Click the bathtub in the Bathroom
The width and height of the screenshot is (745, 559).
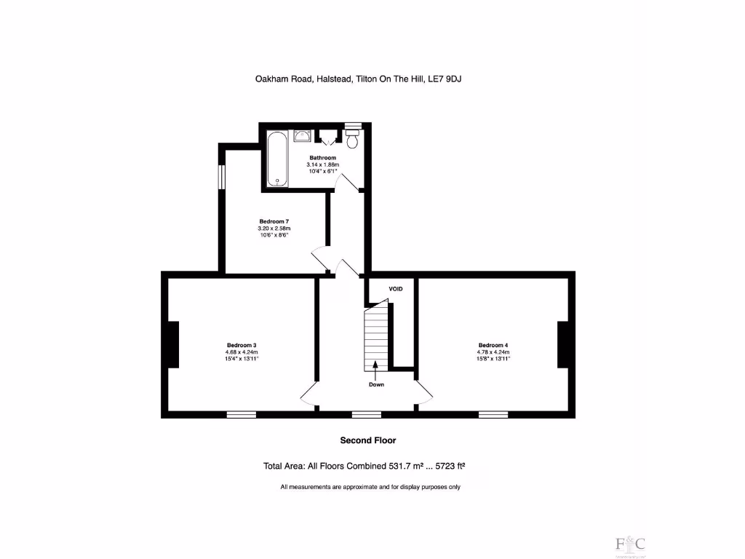tap(277, 159)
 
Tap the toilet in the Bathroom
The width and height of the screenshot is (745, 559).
tap(353, 139)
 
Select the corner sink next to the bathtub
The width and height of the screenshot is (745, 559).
tap(303, 135)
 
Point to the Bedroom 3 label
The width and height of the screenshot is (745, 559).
tap(242, 345)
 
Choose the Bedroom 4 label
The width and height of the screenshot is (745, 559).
tap(493, 345)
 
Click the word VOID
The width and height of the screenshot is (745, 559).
tap(395, 289)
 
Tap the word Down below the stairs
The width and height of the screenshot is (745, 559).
tap(376, 384)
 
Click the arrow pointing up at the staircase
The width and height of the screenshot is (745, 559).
tap(375, 370)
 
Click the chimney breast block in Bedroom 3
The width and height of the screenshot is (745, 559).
tap(174, 344)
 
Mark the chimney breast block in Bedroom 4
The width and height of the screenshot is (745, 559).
tap(562, 344)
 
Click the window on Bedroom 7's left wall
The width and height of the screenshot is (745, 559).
tap(223, 177)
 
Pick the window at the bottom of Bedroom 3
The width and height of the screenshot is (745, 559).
tap(241, 414)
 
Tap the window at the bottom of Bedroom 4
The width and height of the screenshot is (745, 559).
tap(493, 414)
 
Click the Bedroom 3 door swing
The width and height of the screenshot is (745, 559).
tap(308, 395)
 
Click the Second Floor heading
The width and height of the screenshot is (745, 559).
tap(368, 440)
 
